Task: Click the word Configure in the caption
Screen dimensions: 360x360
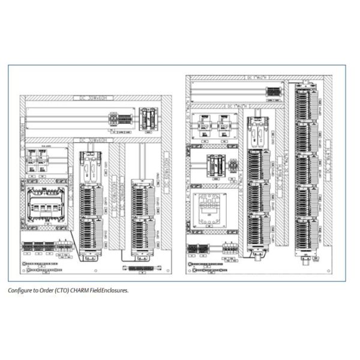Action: coord(20,290)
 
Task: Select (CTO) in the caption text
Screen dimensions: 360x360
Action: coord(65,290)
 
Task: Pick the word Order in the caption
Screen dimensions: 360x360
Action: coord(48,290)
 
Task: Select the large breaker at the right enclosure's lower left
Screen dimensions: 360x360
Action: coord(207,209)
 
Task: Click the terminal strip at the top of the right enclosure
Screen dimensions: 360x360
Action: coord(273,92)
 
